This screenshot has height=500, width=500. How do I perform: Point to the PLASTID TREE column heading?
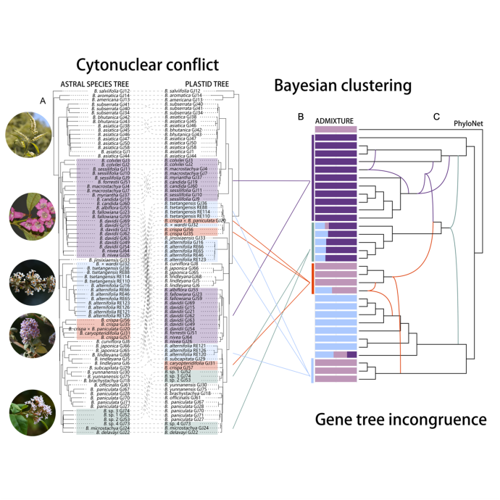(207, 83)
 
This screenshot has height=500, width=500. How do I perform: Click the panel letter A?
(43, 99)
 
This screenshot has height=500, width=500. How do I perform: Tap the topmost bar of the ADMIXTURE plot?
(335, 128)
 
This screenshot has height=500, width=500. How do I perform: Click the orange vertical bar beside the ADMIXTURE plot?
(312, 278)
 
